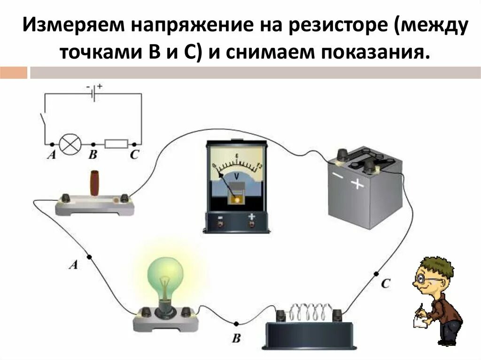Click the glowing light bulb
point(163,277)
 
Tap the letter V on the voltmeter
point(237,176)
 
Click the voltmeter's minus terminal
point(220,224)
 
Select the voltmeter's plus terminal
point(252,224)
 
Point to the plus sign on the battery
point(358,184)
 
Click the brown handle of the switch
point(95,183)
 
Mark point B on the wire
point(236,324)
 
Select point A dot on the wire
point(89,257)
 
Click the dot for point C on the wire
point(376,274)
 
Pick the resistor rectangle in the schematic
point(116,144)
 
